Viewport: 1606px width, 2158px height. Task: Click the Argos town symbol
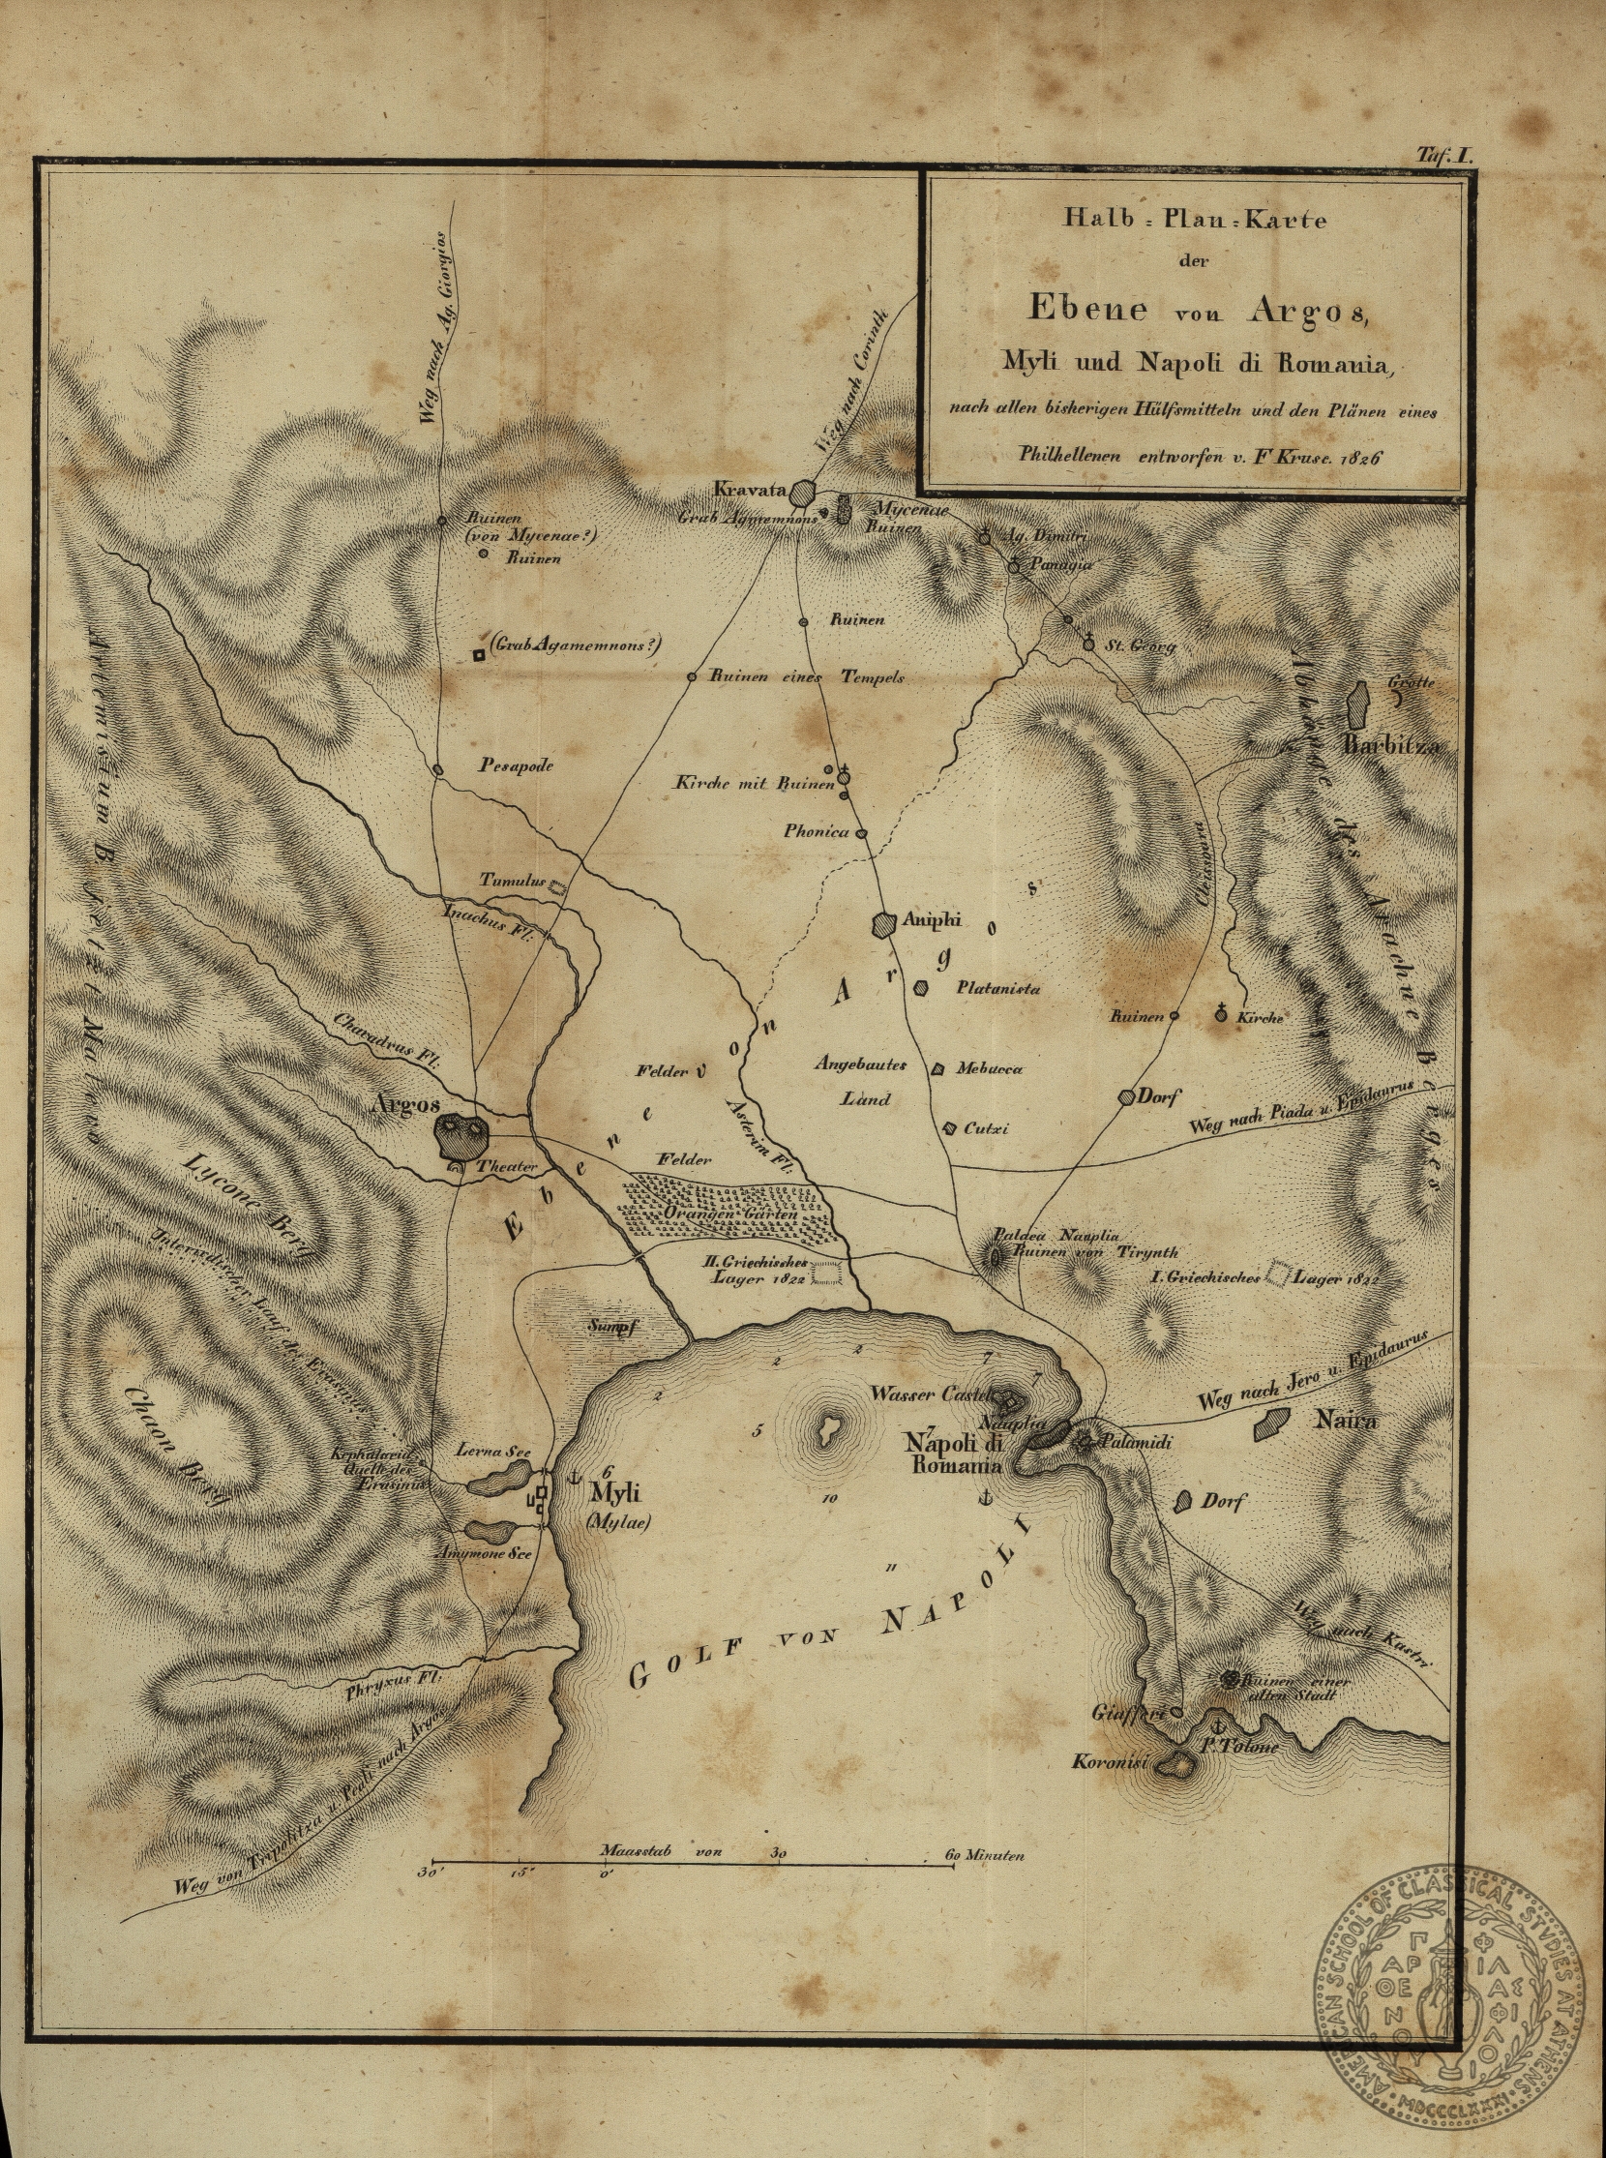tap(461, 1133)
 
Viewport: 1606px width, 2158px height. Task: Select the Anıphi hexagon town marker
tap(885, 924)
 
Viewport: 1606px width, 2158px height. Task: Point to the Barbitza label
tap(1389, 746)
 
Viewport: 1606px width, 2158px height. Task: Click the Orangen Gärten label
tap(730, 1214)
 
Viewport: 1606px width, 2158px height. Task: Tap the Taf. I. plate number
tap(1445, 155)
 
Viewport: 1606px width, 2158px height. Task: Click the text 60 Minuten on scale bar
tap(986, 1855)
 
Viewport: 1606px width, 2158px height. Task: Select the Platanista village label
tap(998, 988)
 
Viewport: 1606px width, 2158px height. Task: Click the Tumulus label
tap(509, 879)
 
